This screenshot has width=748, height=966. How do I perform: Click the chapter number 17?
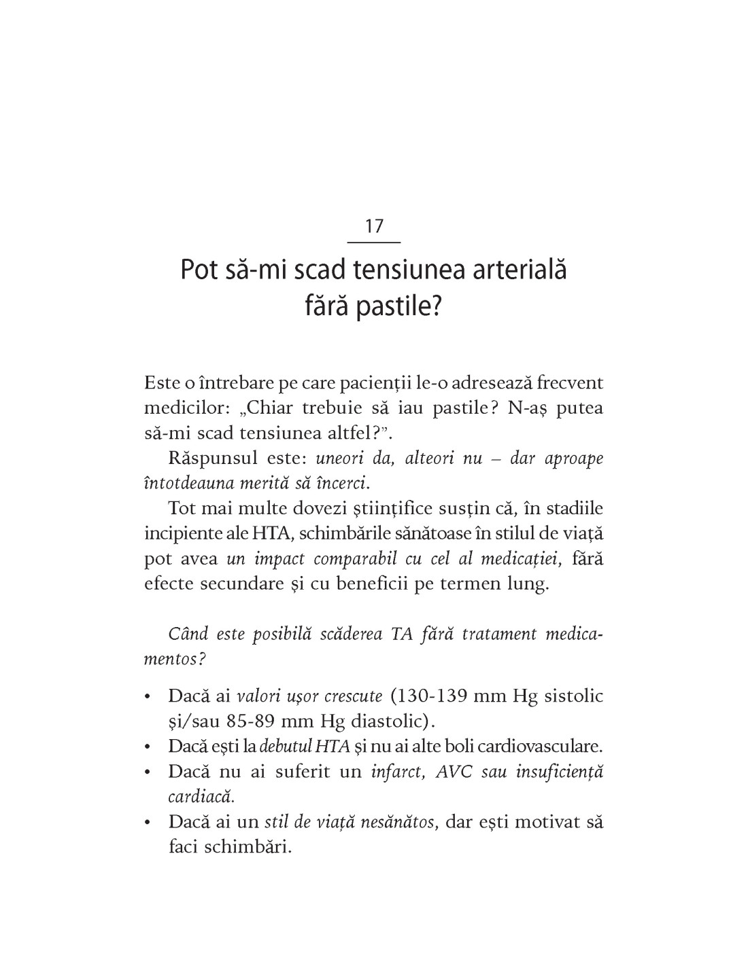click(374, 226)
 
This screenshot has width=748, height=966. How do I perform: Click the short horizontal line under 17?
click(374, 242)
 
